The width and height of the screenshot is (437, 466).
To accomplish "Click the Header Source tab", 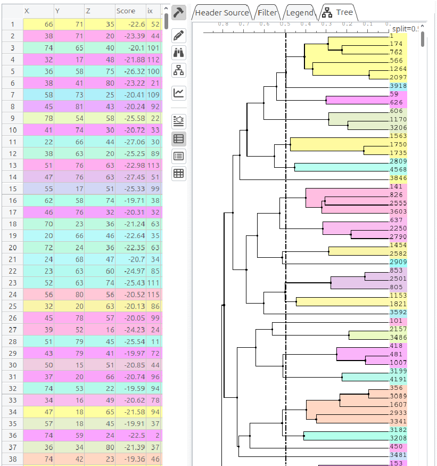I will (221, 12).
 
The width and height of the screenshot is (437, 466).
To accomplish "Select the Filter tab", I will (267, 12).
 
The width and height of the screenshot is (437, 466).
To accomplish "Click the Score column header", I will (126, 11).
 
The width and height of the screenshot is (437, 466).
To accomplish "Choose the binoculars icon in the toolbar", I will (179, 52).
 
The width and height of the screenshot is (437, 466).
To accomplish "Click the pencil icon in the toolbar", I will (179, 36).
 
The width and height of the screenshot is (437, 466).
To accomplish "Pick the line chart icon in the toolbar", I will (179, 93).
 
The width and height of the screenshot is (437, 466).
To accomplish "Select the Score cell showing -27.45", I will (130, 177).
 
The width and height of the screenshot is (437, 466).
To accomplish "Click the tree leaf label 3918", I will (398, 86).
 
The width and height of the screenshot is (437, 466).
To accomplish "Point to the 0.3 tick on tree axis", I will (326, 24).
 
